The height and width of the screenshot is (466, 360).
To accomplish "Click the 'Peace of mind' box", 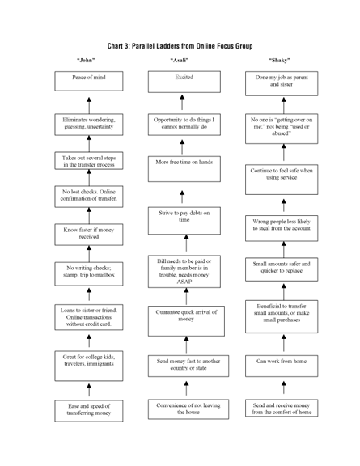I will click(x=88, y=81).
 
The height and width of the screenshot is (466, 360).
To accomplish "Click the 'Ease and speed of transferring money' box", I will click(x=88, y=409).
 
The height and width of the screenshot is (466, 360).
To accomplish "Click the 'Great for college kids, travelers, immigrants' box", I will click(x=88, y=361).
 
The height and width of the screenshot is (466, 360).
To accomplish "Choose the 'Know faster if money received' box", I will click(x=88, y=234).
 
